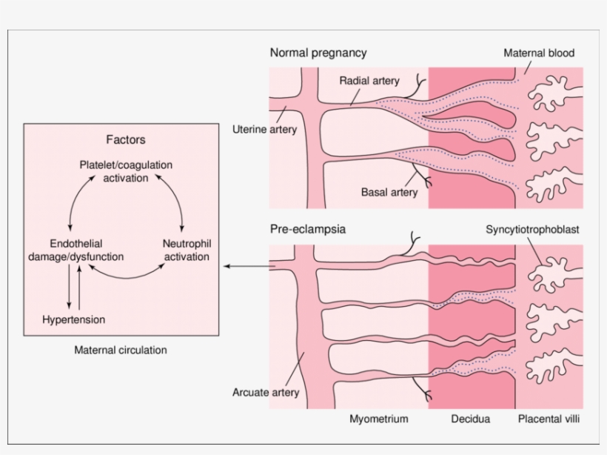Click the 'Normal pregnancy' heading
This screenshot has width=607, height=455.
coord(318,53)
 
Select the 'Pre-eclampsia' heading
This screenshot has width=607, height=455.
coord(307,230)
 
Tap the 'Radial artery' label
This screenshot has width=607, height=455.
coord(369,80)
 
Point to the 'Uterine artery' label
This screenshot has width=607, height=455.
coord(264,130)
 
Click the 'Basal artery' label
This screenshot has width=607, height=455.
coord(389,192)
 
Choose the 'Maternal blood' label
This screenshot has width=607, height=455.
coord(539,53)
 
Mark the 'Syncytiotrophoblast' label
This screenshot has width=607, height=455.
coord(532,230)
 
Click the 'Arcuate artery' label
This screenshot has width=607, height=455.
coord(266,392)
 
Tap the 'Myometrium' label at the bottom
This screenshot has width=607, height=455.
coord(379,419)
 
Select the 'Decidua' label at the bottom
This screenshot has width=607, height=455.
coord(471,419)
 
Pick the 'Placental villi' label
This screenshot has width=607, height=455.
coord(549,419)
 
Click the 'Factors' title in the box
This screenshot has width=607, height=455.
coord(126,139)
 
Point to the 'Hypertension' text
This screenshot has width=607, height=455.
coord(74,320)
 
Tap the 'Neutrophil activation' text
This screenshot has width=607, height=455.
coord(186,250)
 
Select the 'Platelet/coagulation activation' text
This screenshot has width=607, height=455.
coord(126,170)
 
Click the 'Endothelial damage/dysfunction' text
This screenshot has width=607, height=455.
coord(76,250)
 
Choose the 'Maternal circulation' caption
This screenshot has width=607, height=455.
coord(121,350)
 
